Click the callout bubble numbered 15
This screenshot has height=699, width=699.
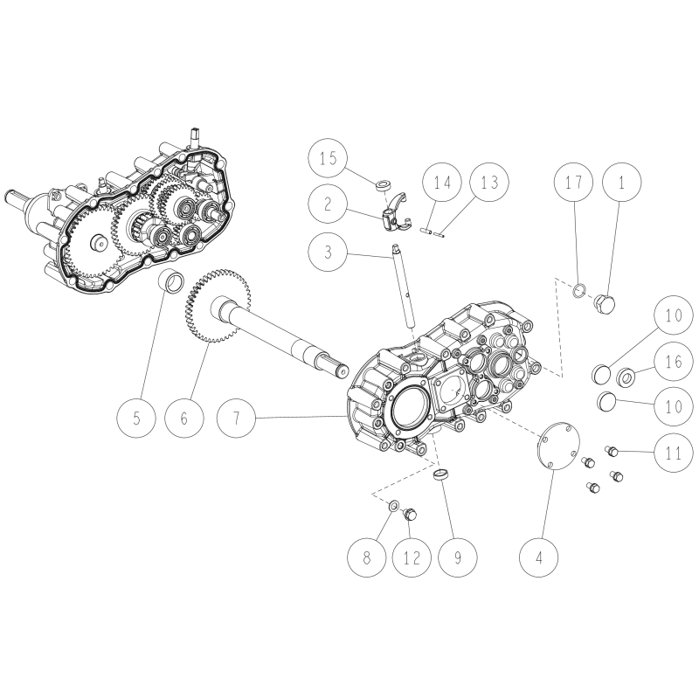tap(329, 158)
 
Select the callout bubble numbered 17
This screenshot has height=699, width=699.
tap(574, 182)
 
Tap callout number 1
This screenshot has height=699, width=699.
tap(622, 182)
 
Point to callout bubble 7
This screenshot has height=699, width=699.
tap(236, 419)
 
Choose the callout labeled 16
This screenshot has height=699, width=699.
tap(674, 361)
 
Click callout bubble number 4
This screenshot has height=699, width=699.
tap(539, 557)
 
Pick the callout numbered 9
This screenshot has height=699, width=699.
tap(457, 557)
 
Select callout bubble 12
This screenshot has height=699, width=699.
tap(412, 557)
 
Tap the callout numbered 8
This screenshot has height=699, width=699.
tap(366, 557)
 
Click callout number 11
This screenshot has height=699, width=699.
tap(674, 453)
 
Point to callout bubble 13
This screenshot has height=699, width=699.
tap(490, 182)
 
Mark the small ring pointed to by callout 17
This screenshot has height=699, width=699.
tap(578, 291)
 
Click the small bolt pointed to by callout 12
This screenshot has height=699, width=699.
tap(409, 516)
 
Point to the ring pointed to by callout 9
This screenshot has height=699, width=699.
tap(441, 474)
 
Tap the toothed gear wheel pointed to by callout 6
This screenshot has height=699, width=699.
tap(217, 306)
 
